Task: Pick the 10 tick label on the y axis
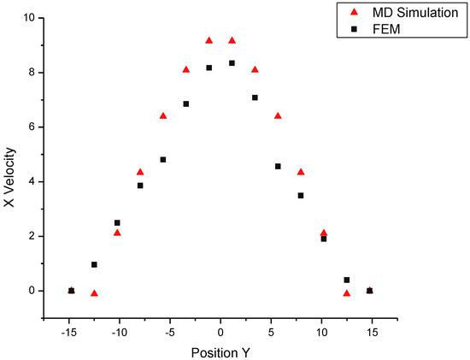29,17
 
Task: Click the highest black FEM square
232,63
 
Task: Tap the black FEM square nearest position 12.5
347,280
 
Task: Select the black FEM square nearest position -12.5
94,264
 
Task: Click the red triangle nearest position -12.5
94,293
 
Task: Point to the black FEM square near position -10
117,222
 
